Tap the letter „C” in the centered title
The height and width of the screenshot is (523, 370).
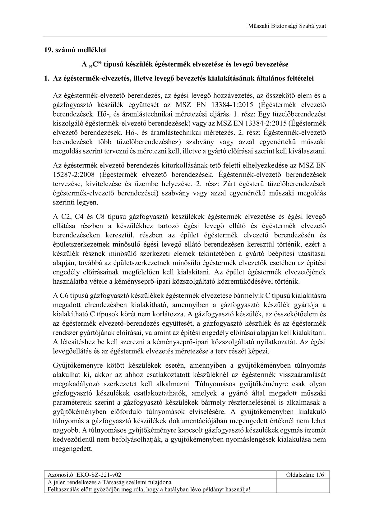93,64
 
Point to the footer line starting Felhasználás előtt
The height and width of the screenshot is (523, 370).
149,489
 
